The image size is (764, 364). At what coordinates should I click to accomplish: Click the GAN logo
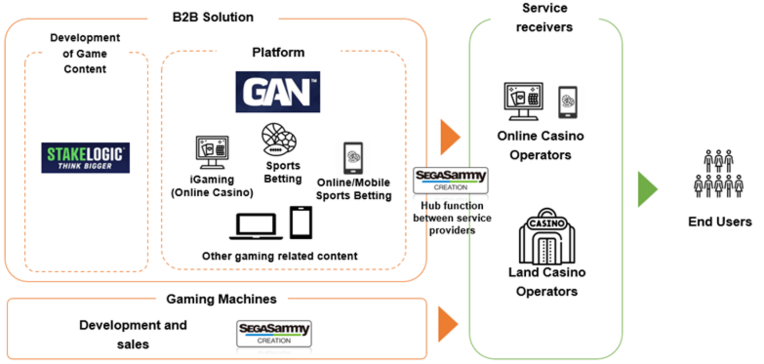click(x=277, y=92)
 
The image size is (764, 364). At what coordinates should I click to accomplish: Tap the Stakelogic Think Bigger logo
click(x=85, y=158)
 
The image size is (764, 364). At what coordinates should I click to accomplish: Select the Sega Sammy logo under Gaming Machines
click(x=274, y=333)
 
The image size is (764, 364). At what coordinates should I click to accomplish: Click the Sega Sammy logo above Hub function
click(x=450, y=180)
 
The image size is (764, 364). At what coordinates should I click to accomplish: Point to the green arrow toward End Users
click(x=647, y=189)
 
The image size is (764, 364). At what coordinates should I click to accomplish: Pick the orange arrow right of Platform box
click(x=449, y=137)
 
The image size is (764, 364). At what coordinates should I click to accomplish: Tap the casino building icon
click(x=547, y=236)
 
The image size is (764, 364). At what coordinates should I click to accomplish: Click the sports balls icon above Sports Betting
click(x=279, y=139)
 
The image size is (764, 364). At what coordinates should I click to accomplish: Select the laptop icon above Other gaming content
click(x=256, y=226)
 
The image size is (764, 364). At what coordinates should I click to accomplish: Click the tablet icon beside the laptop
click(x=301, y=222)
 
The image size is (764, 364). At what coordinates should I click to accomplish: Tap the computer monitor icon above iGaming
click(x=212, y=152)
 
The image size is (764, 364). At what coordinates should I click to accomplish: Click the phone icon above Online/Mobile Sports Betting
click(x=353, y=158)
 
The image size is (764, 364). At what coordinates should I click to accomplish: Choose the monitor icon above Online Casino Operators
click(x=523, y=101)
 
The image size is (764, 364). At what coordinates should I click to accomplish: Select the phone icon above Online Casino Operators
click(x=567, y=102)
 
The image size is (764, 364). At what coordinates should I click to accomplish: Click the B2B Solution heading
click(x=213, y=17)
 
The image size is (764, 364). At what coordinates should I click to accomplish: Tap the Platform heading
click(x=278, y=52)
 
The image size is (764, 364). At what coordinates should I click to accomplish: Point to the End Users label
click(x=720, y=222)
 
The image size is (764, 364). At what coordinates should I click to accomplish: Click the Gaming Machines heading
click(x=221, y=299)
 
